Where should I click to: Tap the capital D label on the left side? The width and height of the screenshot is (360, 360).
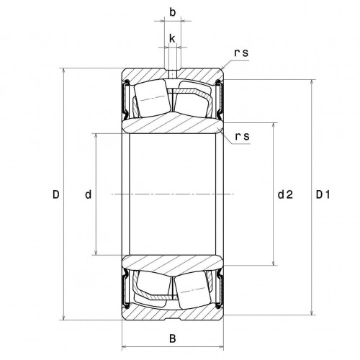(x=55, y=194)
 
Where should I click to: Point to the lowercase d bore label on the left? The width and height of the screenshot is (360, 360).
(x=87, y=194)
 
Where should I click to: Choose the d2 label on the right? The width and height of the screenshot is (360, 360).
(x=284, y=194)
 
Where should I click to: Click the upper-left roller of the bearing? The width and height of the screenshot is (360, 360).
(x=152, y=99)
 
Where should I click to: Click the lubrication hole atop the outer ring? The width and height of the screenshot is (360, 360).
(x=172, y=73)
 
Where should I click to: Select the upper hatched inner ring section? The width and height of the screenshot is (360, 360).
(x=172, y=124)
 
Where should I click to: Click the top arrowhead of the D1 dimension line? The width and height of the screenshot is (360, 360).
(x=312, y=82)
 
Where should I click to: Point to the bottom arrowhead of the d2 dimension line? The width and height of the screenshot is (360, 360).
(x=273, y=262)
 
